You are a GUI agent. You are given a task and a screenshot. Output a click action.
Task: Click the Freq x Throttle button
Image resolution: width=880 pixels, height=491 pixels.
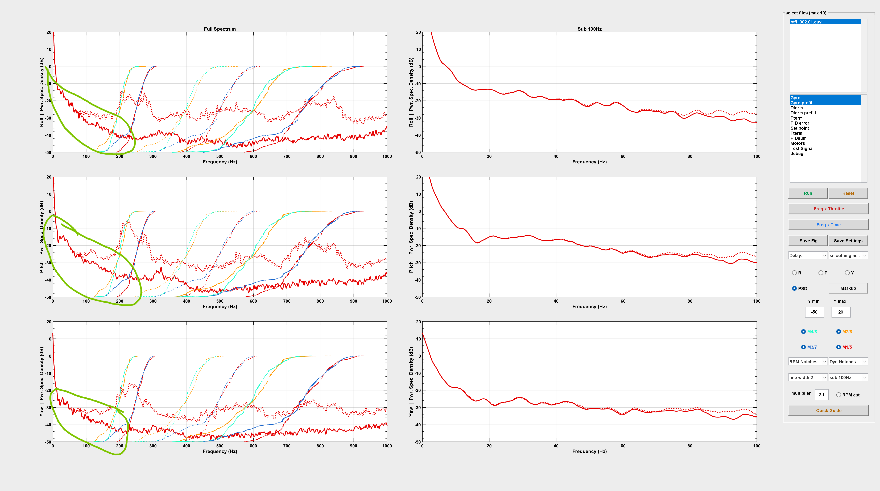pos(828,209)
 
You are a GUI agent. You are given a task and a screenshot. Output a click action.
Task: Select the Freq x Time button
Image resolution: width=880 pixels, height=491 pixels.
pos(828,225)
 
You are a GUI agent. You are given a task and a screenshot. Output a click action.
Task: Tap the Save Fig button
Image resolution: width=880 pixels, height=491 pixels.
pos(808,241)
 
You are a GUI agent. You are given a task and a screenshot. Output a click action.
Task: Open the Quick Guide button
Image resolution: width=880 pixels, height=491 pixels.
pos(828,411)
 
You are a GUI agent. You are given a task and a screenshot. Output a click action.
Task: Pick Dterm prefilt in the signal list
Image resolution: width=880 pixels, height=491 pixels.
pos(803,113)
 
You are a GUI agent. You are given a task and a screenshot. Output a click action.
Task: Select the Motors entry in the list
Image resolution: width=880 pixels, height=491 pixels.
pos(798,143)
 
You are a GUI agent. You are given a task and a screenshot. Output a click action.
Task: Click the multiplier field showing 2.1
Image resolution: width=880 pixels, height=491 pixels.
pos(821,395)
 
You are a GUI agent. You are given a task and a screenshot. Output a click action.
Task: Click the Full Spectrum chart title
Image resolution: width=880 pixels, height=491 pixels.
pos(220,29)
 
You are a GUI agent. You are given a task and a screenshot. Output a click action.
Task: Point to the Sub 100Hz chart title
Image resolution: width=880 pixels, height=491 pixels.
pos(589,29)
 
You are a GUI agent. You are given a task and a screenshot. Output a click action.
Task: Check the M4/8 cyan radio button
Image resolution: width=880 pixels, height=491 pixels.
pos(803,332)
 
